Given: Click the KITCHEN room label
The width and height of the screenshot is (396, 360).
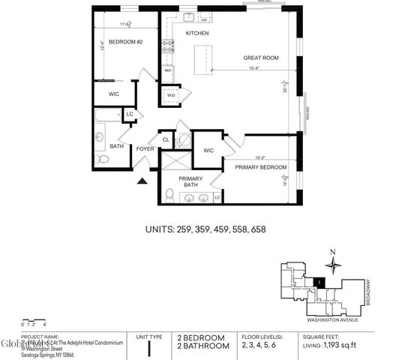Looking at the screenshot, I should pyautogui.click(x=196, y=34).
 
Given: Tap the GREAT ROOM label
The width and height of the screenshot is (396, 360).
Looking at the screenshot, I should pyautogui.click(x=261, y=58).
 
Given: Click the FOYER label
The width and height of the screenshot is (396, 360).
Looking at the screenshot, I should pyautogui.click(x=145, y=148).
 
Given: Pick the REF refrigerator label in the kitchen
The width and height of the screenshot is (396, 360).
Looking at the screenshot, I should pyautogui.click(x=168, y=71).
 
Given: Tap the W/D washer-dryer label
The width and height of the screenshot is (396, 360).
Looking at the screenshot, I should pyautogui.click(x=171, y=95).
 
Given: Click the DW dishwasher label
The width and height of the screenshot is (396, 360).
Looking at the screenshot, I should pyautogui.click(x=204, y=19).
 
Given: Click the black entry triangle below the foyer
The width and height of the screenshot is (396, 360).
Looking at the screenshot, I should pyautogui.click(x=142, y=180).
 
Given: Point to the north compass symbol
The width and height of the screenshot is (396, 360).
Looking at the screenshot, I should pyautogui.click(x=333, y=264).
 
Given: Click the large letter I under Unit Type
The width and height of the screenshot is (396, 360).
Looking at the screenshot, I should pyautogui.click(x=151, y=347).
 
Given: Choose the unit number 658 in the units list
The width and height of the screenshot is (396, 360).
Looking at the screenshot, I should pyautogui.click(x=257, y=229).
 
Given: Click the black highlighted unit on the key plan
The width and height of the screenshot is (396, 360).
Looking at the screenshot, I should pyautogui.click(x=321, y=282).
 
